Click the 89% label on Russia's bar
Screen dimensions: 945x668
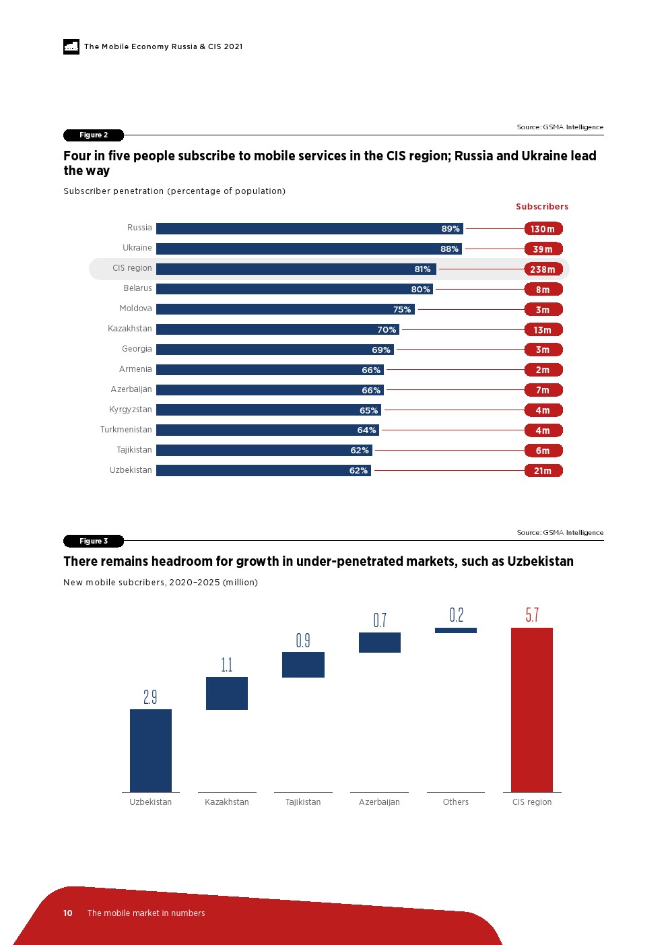click(450, 229)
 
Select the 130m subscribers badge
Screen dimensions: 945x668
click(543, 229)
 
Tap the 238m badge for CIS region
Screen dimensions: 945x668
click(543, 269)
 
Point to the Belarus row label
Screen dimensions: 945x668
click(137, 288)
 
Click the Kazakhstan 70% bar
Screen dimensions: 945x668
click(278, 329)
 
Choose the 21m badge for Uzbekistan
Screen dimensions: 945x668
click(543, 471)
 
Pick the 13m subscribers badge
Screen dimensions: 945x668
click(543, 330)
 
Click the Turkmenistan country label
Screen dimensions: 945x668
click(126, 430)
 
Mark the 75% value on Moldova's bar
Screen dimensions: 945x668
click(402, 310)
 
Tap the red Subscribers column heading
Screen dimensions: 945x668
click(542, 207)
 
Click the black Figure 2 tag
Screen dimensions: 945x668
click(94, 135)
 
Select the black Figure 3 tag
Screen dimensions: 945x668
click(94, 541)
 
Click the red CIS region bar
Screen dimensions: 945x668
click(532, 709)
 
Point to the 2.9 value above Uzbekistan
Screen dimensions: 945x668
click(150, 697)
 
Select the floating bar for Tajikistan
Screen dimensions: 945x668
click(303, 665)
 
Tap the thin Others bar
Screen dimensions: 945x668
click(456, 630)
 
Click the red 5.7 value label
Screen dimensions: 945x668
click(532, 615)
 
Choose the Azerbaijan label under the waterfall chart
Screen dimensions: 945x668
click(379, 802)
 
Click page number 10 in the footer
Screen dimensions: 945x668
click(68, 913)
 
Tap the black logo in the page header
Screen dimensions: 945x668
click(71, 46)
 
